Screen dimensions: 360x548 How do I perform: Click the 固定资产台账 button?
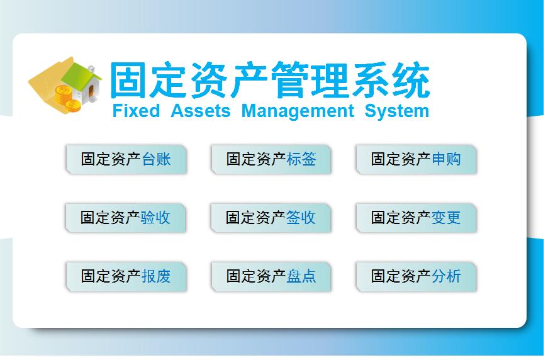tap(126, 159)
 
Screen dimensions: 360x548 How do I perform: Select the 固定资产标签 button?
tap(271, 159)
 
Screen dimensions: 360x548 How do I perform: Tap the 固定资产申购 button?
tap(416, 159)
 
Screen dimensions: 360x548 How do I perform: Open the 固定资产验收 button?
tap(126, 218)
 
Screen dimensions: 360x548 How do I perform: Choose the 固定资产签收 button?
tap(271, 218)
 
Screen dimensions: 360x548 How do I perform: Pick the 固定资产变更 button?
tap(416, 218)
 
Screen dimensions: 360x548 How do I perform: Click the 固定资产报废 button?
tap(126, 276)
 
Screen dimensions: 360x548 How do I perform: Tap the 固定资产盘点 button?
tap(271, 276)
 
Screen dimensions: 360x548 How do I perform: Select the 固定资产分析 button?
tap(416, 276)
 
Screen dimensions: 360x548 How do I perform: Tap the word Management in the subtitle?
tap(298, 111)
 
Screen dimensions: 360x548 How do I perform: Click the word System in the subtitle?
tap(396, 111)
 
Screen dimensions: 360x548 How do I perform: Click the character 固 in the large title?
tap(130, 80)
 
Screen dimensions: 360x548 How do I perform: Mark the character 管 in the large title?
tap(291, 80)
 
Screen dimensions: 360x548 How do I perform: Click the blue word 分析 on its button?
tap(447, 276)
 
